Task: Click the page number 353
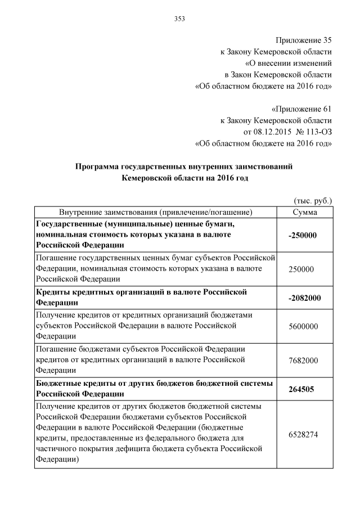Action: click(x=179, y=19)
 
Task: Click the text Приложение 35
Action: click(x=304, y=40)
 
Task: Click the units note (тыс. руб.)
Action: click(x=313, y=201)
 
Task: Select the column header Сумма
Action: click(x=305, y=213)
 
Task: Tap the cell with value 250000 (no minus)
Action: click(x=301, y=269)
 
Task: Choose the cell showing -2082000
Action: click(x=304, y=298)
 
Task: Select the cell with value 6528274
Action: click(x=304, y=434)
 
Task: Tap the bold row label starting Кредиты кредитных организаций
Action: click(x=141, y=298)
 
